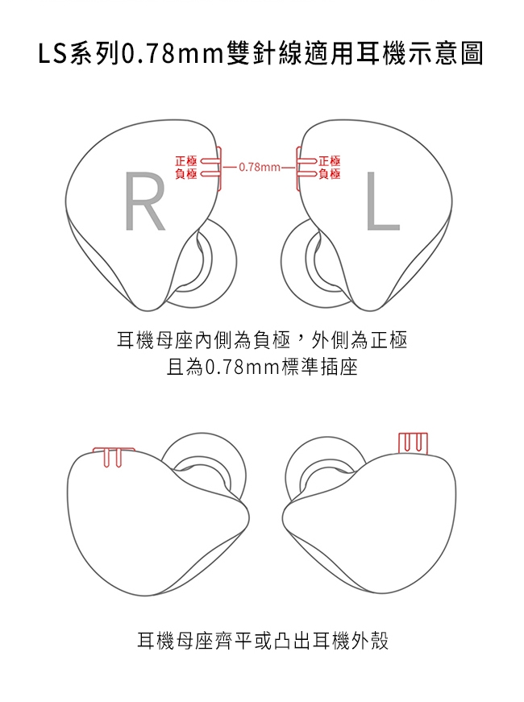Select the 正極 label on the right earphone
pos(185,161)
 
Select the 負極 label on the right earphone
pos(185,173)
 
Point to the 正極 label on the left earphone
pos(330,161)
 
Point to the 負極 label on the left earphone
pos(330,173)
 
